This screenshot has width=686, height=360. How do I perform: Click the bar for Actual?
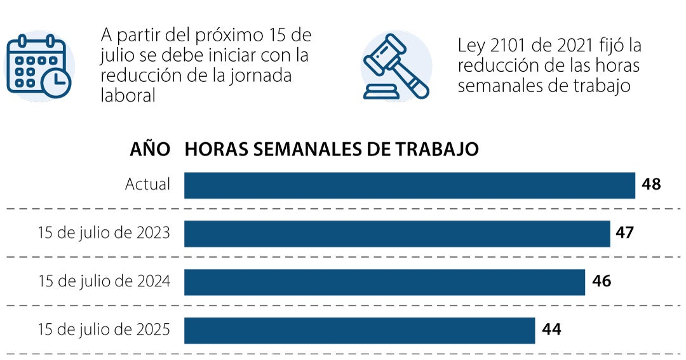[410, 185]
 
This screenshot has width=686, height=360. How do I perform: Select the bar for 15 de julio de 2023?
[397, 233]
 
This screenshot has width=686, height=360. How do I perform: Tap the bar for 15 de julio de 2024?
[384, 282]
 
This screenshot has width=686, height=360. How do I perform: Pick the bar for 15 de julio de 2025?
[360, 330]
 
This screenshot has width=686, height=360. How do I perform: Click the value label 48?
[651, 185]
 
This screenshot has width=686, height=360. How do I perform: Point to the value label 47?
[624, 233]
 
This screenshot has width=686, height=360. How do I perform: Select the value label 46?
[601, 282]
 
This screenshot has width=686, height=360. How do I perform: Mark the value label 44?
[551, 330]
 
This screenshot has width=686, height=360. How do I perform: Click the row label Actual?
[147, 185]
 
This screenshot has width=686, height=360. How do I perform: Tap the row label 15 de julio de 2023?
[104, 233]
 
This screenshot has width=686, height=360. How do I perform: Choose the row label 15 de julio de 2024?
[104, 282]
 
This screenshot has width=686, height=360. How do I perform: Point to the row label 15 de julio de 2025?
[104, 330]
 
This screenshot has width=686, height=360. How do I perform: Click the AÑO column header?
[150, 150]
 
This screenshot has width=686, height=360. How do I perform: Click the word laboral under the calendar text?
[128, 95]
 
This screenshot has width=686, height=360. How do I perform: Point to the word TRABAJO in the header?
[438, 150]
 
